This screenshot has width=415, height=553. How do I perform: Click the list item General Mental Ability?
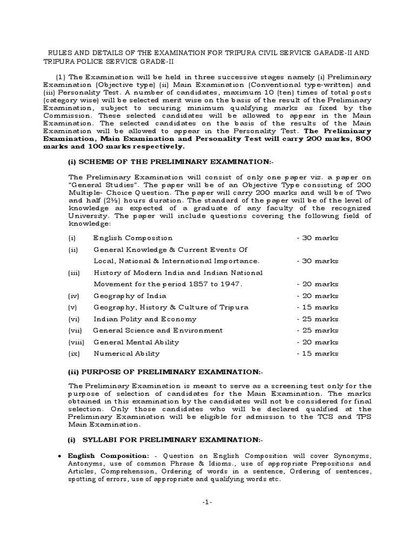pos(136,342)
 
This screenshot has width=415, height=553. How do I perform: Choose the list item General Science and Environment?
pos(158,330)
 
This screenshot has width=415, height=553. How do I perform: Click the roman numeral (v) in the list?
pos(72,307)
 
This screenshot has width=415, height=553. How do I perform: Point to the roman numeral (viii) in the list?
pos(75,342)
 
